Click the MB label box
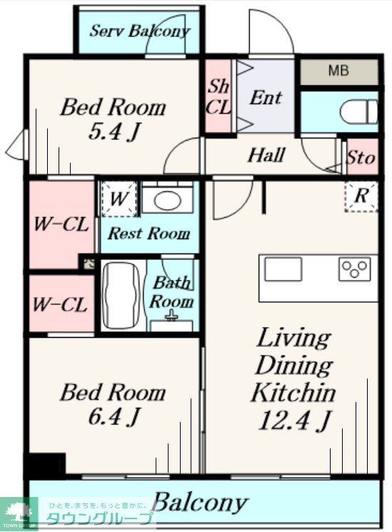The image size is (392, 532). pos(339,72)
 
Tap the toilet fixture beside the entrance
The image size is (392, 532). pos(359,111)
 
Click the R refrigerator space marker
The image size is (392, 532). pos(361,196)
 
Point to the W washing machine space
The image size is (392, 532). pos(119,199)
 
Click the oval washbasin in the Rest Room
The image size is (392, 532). pos(167,200)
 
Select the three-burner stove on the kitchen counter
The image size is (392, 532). pos(354,269)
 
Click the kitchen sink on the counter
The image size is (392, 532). pos(283,269)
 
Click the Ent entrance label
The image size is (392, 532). pos(266,98)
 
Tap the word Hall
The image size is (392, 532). pos(266,156)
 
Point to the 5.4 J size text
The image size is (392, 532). pos(114,131)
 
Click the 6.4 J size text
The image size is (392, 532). pos(114,416)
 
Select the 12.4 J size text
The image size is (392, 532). pos(294,421)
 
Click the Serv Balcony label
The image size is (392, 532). pos(139,31)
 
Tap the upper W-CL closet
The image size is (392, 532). pos(61,224)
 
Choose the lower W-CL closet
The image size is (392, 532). pos(61,303)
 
